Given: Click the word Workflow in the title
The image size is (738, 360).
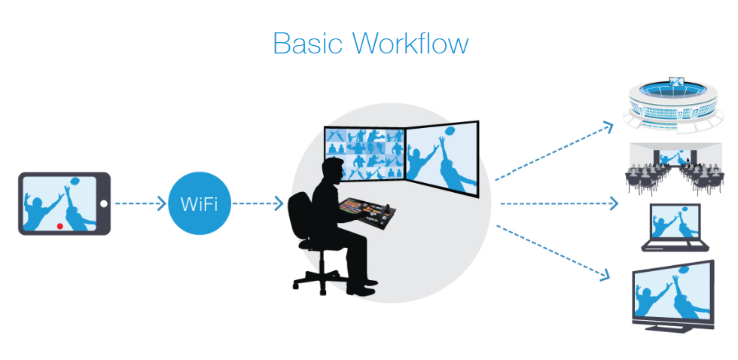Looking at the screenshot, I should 411,43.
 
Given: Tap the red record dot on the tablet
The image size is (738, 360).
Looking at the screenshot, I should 59,225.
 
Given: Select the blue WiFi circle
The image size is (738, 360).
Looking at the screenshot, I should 200,203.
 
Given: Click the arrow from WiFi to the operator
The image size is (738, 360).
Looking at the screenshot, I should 258,203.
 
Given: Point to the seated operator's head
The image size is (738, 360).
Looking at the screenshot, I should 332,169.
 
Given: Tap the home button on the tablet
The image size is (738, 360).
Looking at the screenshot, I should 105,203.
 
